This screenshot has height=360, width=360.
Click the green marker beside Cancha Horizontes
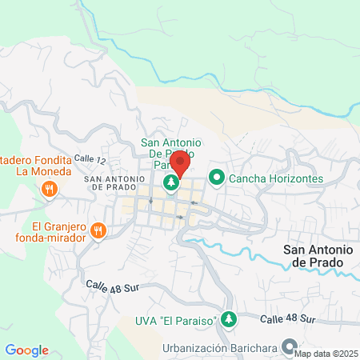[x=216, y=178]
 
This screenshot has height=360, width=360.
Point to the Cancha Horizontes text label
[x=276, y=178]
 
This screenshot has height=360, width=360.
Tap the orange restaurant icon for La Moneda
[x=49, y=190]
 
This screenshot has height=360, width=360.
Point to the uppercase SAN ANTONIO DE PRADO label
[x=114, y=182]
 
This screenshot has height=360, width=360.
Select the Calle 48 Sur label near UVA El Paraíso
[x=288, y=319]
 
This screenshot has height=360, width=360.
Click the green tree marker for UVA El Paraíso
[x=230, y=319]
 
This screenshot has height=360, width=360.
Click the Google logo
[x=26, y=350]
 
